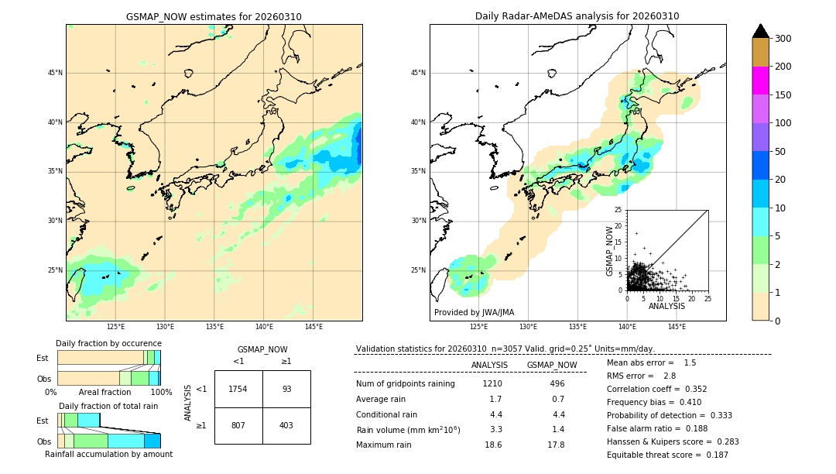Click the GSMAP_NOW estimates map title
tap(214, 16)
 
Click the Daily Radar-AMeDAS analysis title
tap(577, 16)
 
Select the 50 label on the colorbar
tap(783, 152)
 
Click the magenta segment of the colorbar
tap(761, 81)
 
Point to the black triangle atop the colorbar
tap(761, 31)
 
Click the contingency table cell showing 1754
tap(238, 389)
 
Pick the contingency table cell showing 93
tap(286, 389)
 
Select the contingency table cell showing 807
tap(238, 425)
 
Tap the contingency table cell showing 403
tap(286, 425)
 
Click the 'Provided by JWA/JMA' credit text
tap(474, 312)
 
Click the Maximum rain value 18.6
tap(493, 445)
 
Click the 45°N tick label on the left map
tap(55, 73)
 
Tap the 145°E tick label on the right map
tap(677, 327)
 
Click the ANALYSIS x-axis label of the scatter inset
tap(666, 306)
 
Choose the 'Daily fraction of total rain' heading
tap(108, 406)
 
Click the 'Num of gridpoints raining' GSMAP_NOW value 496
tap(557, 383)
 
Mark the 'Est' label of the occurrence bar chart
tap(43, 358)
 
